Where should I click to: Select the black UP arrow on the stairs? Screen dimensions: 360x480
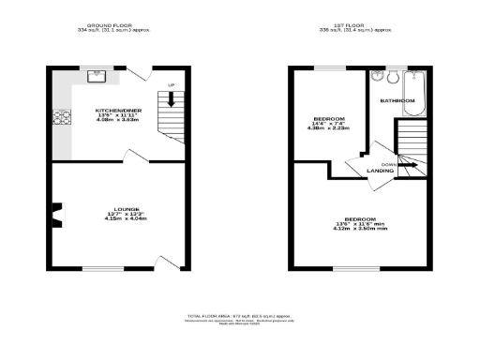coord(171,97)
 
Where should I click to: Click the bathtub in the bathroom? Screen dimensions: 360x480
coord(415,91)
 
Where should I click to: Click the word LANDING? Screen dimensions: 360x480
coord(380,171)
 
